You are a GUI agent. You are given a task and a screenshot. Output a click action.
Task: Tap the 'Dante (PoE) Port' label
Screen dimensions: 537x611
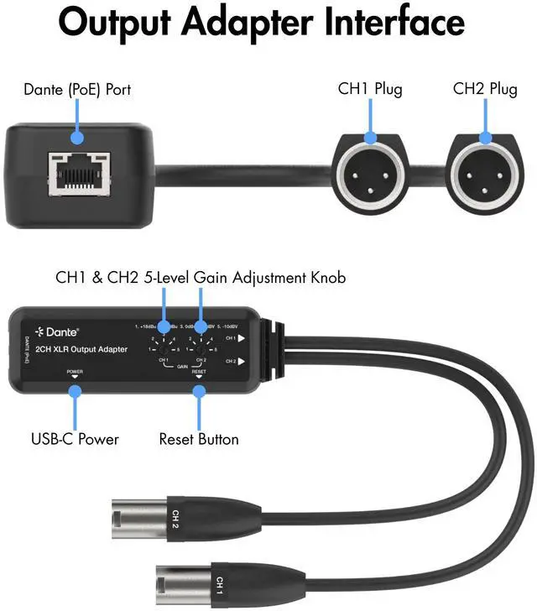[77, 88]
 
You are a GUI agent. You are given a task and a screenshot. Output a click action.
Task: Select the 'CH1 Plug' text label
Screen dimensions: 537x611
[369, 88]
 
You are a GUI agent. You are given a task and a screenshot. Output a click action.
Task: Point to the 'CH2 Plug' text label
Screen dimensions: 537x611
[484, 88]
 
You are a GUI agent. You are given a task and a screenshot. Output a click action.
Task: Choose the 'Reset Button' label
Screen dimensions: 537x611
[199, 438]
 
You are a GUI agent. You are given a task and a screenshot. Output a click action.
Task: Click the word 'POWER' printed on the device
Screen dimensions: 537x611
[75, 370]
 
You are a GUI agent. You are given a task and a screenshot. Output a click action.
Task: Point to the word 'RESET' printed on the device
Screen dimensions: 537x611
[199, 370]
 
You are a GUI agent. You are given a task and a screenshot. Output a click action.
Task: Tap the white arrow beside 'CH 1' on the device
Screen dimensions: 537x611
[240, 340]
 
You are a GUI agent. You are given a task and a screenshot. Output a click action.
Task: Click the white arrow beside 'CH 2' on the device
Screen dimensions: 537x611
[240, 362]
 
